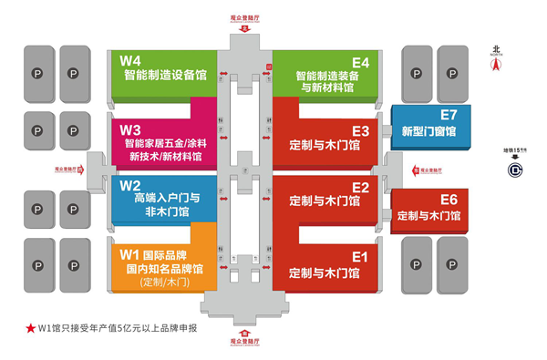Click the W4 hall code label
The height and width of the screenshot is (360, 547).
pyautogui.click(x=130, y=61)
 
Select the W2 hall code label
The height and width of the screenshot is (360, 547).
pyautogui.click(x=130, y=185)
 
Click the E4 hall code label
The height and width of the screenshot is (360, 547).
pyautogui.click(x=359, y=62)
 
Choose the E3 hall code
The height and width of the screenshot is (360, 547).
pyautogui.click(x=359, y=129)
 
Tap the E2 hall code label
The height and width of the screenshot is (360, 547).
pyautogui.click(x=359, y=186)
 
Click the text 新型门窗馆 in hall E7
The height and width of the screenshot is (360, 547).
pyautogui.click(x=429, y=132)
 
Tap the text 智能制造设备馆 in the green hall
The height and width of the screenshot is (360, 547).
pyautogui.click(x=164, y=76)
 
